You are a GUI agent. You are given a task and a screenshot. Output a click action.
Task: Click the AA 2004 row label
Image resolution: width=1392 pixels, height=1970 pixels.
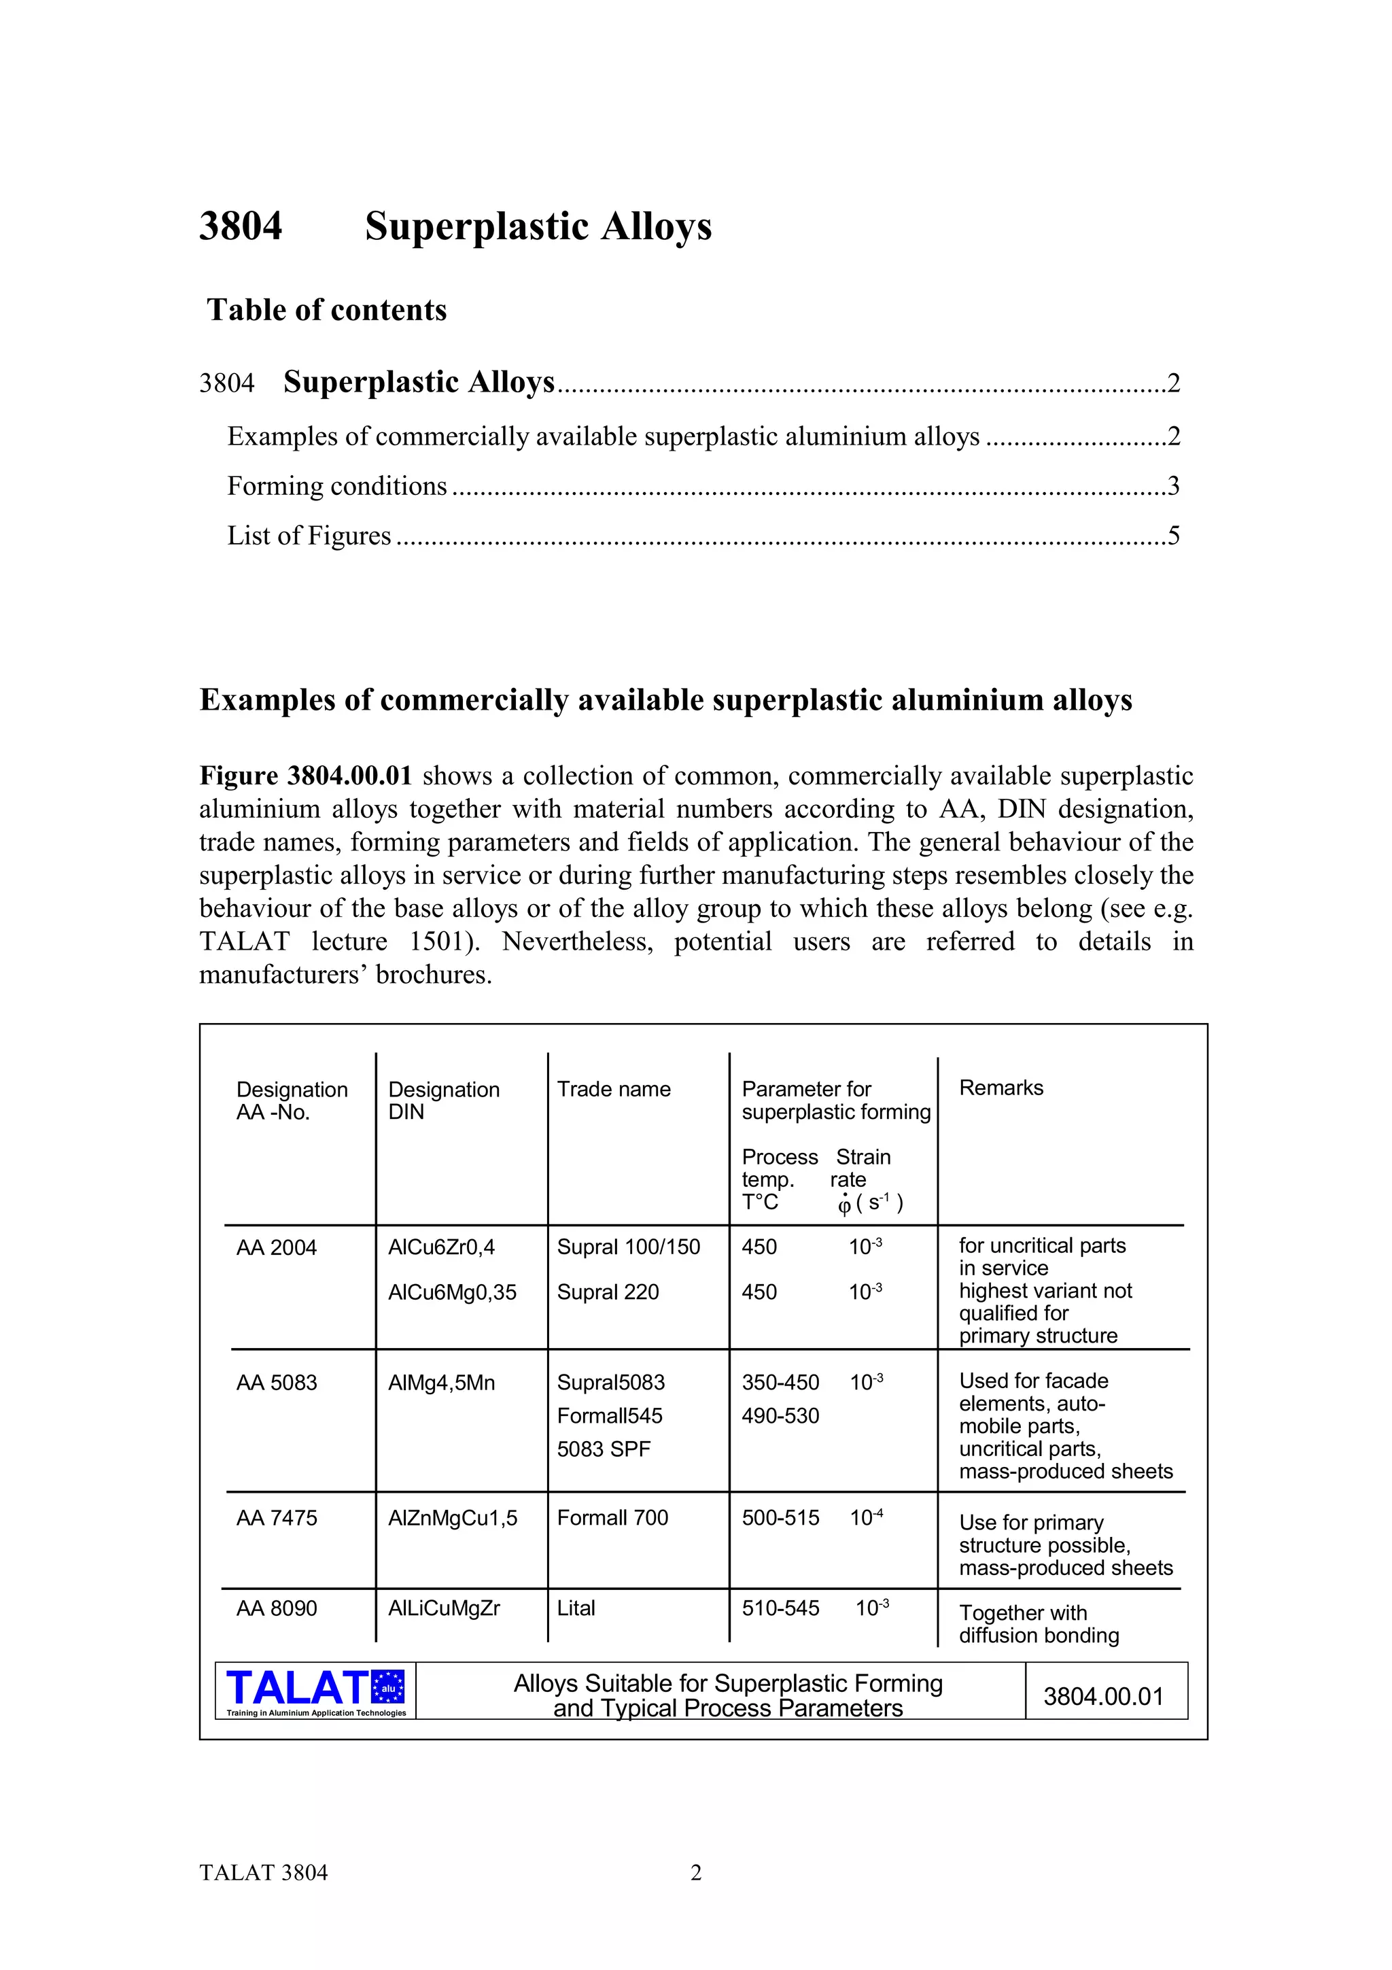(x=276, y=1247)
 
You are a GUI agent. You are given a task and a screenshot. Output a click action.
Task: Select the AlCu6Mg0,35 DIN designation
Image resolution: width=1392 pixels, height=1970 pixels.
(x=452, y=1292)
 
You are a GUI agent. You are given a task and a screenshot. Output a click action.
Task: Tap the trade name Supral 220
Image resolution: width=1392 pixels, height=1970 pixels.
(x=607, y=1292)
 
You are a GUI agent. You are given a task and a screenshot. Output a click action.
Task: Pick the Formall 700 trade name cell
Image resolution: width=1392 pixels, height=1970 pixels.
(x=612, y=1518)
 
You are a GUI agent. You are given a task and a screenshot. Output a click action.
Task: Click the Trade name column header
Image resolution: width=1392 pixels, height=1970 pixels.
(x=613, y=1089)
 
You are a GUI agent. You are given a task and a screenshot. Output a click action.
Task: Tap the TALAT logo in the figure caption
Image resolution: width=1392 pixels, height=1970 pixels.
(x=315, y=1691)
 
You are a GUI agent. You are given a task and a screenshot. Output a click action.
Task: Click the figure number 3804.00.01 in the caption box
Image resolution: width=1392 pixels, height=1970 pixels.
(x=1103, y=1696)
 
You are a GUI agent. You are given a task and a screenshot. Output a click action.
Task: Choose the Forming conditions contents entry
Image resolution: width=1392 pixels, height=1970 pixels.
(x=337, y=487)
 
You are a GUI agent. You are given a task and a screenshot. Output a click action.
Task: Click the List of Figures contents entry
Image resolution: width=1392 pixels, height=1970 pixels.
(x=309, y=536)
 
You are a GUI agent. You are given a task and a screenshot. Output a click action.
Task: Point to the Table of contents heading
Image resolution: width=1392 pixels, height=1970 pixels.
(x=327, y=310)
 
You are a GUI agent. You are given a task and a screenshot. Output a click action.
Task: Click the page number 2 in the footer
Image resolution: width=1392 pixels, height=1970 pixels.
(x=695, y=1873)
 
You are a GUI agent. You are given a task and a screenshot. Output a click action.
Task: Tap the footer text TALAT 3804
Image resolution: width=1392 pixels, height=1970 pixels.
(x=263, y=1873)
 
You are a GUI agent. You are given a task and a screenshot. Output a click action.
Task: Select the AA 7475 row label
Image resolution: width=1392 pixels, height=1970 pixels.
(x=276, y=1518)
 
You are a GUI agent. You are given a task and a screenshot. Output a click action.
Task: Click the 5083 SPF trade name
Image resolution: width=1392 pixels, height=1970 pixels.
(x=603, y=1449)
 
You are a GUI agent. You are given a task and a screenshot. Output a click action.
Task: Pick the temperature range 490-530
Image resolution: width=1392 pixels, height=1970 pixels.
(x=780, y=1416)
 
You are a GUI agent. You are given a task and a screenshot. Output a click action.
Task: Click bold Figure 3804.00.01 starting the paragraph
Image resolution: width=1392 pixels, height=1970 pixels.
(x=305, y=776)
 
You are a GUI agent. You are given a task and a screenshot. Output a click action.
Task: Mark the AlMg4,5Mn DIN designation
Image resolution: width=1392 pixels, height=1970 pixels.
(x=441, y=1383)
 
